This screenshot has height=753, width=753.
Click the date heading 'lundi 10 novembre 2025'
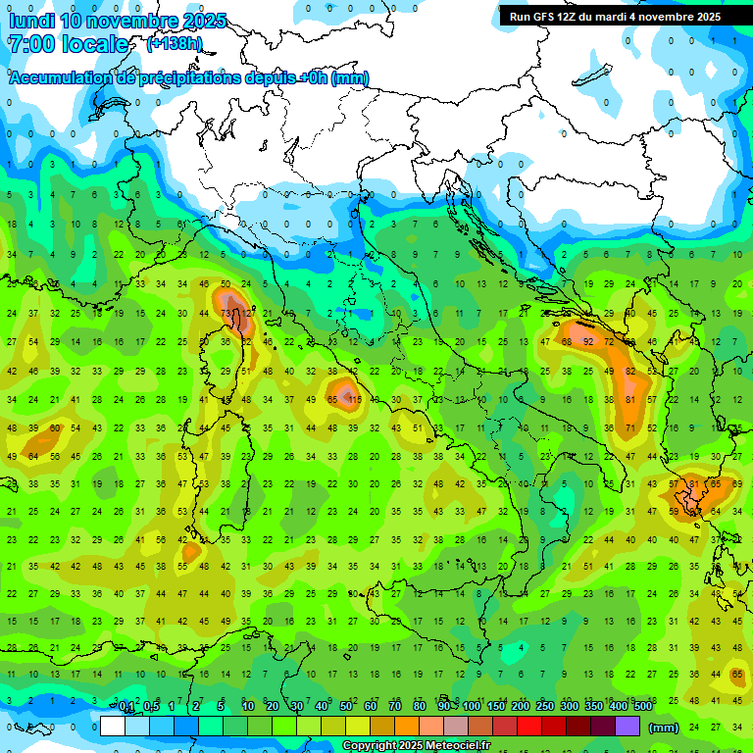(x=118, y=21)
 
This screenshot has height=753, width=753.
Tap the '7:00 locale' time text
(x=68, y=44)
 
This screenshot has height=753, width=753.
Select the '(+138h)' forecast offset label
(x=174, y=43)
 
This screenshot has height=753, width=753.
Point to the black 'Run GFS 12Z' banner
(x=615, y=17)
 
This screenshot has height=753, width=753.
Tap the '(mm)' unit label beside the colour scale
(x=664, y=727)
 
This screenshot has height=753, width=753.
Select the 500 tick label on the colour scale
(x=642, y=706)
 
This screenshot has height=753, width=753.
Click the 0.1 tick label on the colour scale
(x=126, y=706)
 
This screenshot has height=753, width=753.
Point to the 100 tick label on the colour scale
(x=472, y=706)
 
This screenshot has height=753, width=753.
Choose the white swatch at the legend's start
(x=113, y=727)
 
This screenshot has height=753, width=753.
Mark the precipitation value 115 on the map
(x=355, y=400)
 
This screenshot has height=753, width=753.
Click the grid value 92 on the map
(x=588, y=341)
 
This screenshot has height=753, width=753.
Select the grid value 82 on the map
(x=630, y=372)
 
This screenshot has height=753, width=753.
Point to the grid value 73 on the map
(x=226, y=314)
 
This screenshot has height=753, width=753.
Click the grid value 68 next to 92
(x=567, y=341)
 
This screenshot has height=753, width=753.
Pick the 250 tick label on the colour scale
(x=545, y=706)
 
